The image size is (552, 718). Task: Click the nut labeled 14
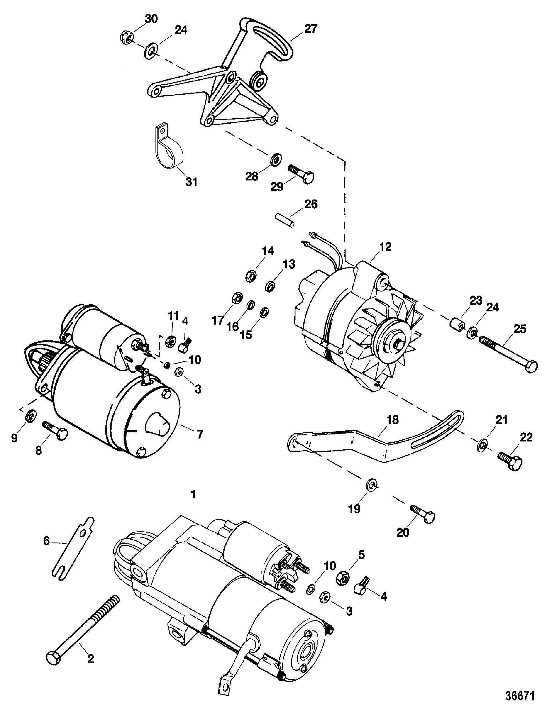[x=251, y=276]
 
